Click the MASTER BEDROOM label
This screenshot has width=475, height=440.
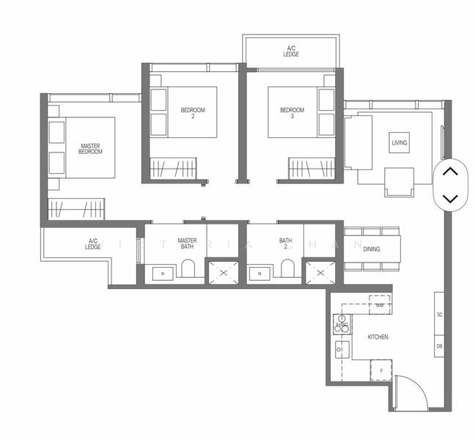(90, 149)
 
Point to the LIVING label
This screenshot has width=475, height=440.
(399, 142)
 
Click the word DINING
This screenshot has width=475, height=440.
(372, 249)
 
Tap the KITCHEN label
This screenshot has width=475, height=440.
(378, 337)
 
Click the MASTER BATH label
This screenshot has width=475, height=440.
(187, 243)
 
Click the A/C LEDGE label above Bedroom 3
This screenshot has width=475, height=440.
(292, 51)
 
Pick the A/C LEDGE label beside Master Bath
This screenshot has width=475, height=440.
(93, 243)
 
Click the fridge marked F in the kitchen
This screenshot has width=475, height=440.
(381, 370)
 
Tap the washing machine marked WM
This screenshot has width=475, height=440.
(380, 304)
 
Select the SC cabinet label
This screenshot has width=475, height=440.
(440, 315)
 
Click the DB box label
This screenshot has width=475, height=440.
(440, 345)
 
